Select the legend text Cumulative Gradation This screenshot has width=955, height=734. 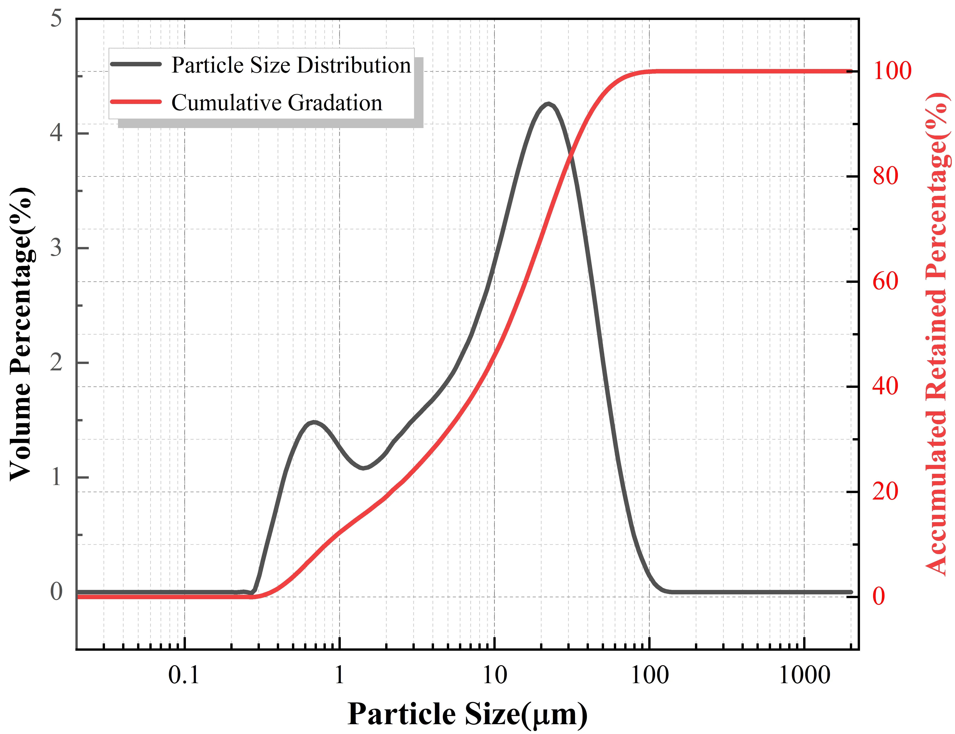tap(277, 103)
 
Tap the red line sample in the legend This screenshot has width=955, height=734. tap(136, 102)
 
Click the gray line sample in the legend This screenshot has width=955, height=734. tap(136, 64)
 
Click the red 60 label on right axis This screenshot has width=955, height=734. tap(885, 281)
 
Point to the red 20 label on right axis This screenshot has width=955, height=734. tap(885, 491)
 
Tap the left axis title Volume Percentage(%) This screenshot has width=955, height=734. tap(21, 334)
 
